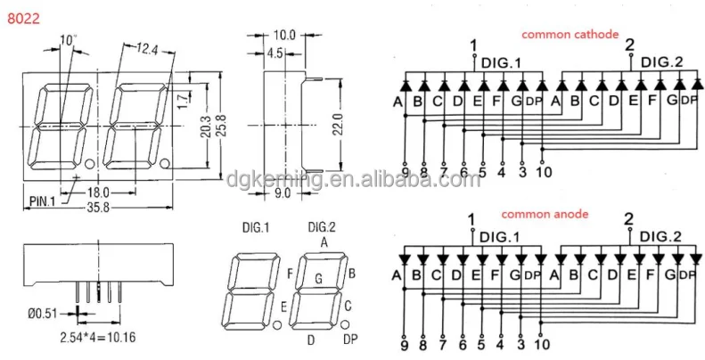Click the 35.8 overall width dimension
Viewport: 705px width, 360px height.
point(97,207)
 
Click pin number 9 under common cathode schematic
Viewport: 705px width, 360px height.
point(404,173)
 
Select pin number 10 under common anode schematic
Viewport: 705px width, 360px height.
point(541,344)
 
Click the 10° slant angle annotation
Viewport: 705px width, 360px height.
point(69,39)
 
